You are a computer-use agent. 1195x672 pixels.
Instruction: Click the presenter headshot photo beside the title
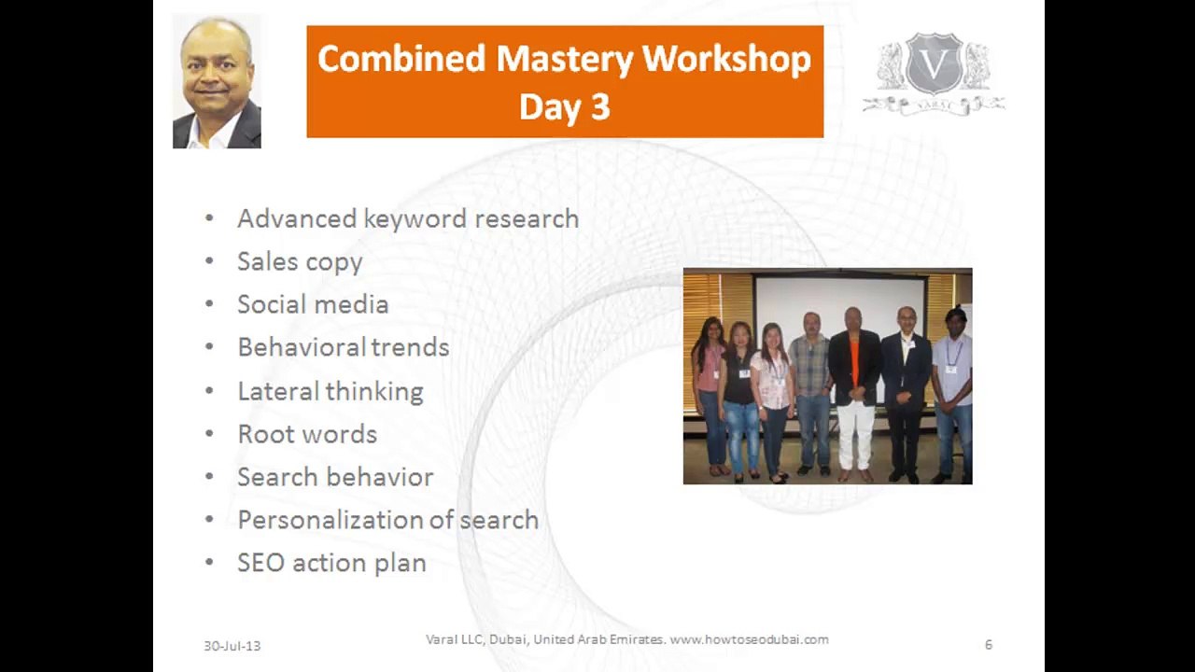[217, 82]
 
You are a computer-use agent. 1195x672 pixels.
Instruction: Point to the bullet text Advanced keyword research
[407, 218]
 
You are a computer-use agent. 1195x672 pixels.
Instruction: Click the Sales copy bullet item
[299, 262]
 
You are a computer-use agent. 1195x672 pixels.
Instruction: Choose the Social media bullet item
[312, 304]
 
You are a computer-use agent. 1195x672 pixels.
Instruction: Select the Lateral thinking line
[330, 391]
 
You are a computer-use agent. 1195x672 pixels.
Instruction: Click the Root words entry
[306, 434]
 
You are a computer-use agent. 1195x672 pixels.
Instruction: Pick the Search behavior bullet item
[334, 477]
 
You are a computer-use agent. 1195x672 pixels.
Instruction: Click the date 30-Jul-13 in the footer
[232, 646]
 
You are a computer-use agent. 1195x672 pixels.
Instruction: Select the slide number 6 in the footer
[988, 645]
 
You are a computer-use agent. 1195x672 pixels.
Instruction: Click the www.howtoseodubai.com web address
[749, 639]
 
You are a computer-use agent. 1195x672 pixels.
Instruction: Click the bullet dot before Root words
[209, 434]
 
